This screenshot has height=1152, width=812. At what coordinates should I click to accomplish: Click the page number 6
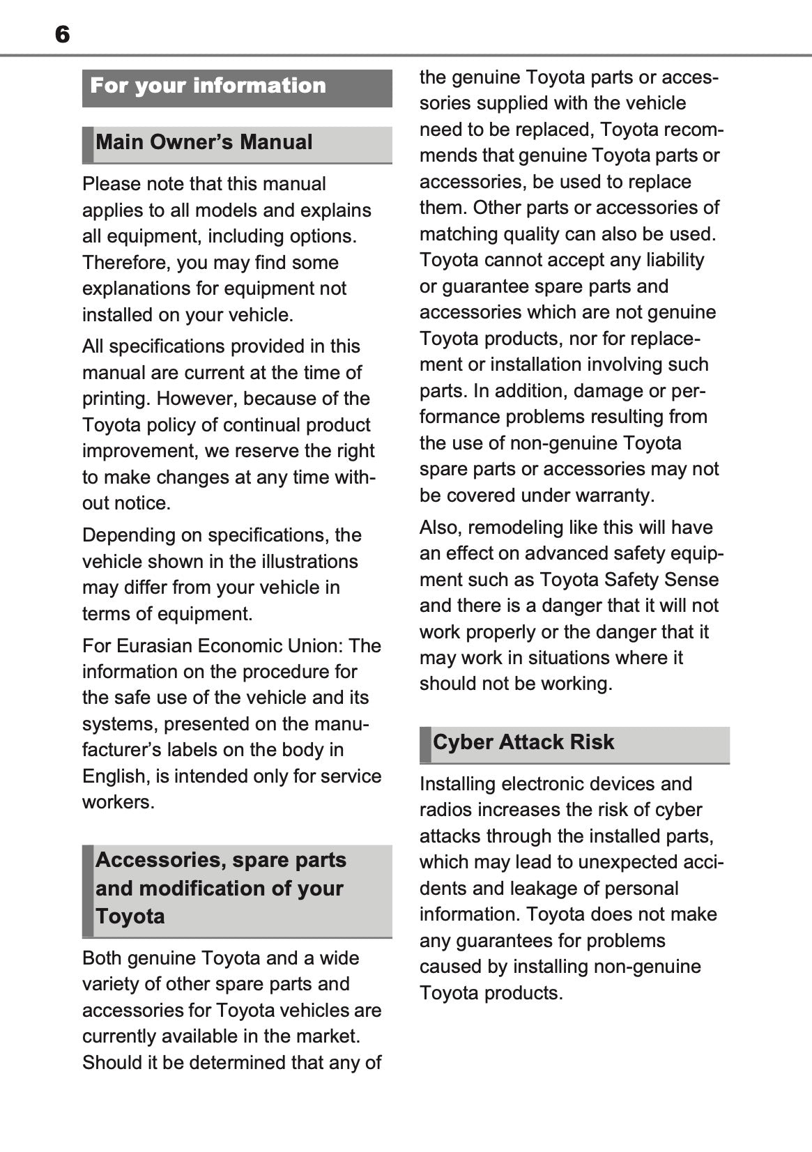tap(62, 34)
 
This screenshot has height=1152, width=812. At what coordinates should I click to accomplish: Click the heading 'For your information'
tap(208, 86)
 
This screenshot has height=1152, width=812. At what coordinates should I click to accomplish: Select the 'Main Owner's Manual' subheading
tap(204, 142)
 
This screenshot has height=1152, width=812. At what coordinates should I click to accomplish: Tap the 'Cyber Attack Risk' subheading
tap(523, 742)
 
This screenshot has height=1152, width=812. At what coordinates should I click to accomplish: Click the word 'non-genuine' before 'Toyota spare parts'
tap(563, 443)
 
